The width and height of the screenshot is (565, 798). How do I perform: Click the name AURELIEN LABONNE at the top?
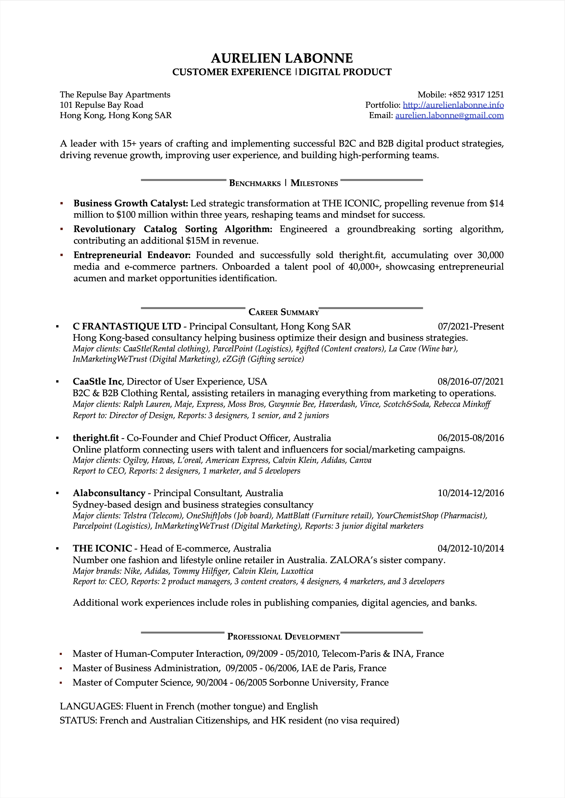tap(282, 58)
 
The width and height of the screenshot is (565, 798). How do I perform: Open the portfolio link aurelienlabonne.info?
tap(453, 105)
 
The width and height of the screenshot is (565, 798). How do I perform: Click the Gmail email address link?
tap(449, 115)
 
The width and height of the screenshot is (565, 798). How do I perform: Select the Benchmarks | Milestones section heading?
tap(283, 183)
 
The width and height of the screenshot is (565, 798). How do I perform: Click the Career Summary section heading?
tap(283, 312)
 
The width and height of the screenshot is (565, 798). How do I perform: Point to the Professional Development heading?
tap(283, 636)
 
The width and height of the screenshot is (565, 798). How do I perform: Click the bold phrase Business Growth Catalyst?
tap(130, 203)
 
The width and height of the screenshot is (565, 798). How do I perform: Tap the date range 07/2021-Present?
tap(470, 326)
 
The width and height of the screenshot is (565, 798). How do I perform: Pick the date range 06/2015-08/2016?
tap(470, 438)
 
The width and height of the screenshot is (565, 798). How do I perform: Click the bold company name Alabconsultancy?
tap(109, 493)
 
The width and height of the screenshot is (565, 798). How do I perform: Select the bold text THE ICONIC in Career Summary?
tap(102, 548)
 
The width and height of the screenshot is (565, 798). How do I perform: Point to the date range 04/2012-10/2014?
tap(470, 548)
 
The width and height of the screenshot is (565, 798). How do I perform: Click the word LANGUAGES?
tap(91, 706)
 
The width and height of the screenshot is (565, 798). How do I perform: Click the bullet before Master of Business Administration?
tap(61, 668)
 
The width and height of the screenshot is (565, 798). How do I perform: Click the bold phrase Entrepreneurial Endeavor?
tap(132, 255)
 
